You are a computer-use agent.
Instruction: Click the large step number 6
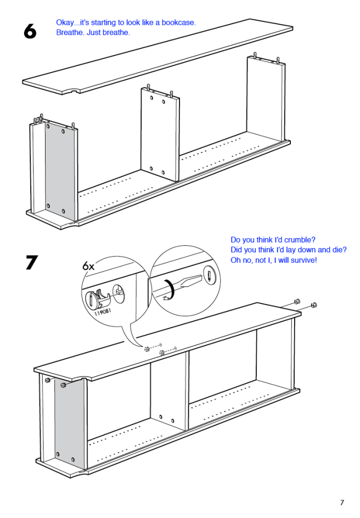[x=30, y=32]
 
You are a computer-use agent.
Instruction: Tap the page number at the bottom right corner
[x=341, y=502]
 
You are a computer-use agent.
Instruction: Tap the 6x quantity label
[x=88, y=266]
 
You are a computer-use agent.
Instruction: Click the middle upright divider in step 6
[x=160, y=134]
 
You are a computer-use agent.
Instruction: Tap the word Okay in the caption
[x=65, y=22]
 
